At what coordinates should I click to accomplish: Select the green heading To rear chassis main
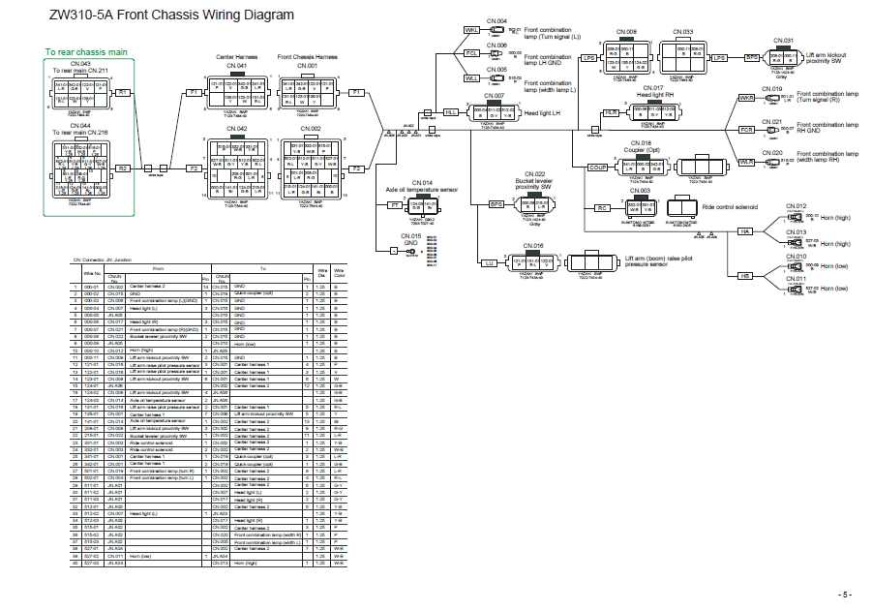click(87, 51)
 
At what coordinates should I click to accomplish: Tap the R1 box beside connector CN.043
click(123, 92)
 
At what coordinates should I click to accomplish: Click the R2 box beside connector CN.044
click(123, 168)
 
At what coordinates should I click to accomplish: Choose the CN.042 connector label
click(236, 128)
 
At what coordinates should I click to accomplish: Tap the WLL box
click(472, 77)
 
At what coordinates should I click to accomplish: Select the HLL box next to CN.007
click(451, 112)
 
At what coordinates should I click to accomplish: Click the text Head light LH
click(543, 113)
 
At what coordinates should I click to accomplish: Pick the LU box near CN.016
click(490, 262)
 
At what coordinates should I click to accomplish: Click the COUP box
click(598, 168)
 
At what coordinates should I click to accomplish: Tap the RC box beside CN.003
click(602, 208)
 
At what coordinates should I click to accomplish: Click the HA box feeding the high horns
click(745, 231)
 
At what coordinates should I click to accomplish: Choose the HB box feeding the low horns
click(745, 276)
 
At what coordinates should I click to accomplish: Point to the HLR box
click(611, 113)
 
